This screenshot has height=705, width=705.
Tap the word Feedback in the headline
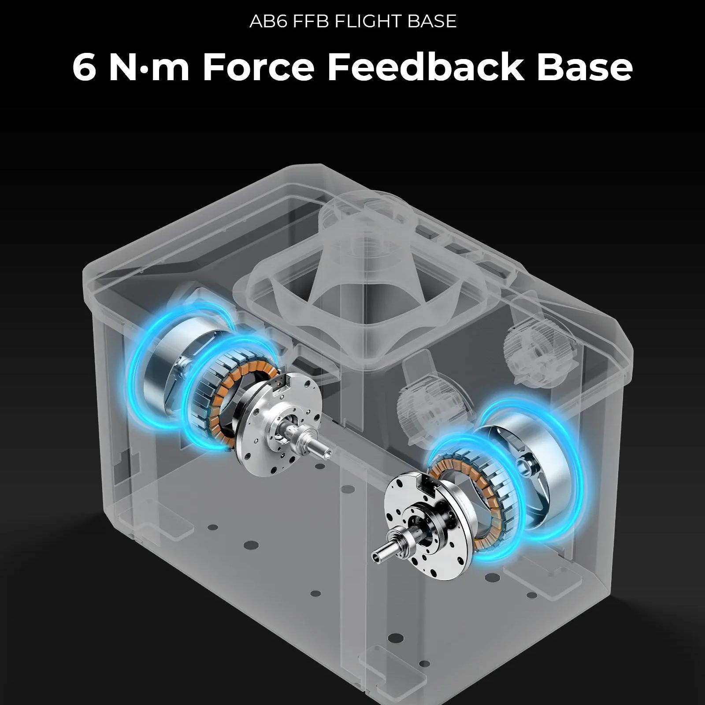click(426, 67)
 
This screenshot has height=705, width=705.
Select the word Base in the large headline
click(585, 67)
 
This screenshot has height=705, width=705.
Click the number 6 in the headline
click(84, 67)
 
